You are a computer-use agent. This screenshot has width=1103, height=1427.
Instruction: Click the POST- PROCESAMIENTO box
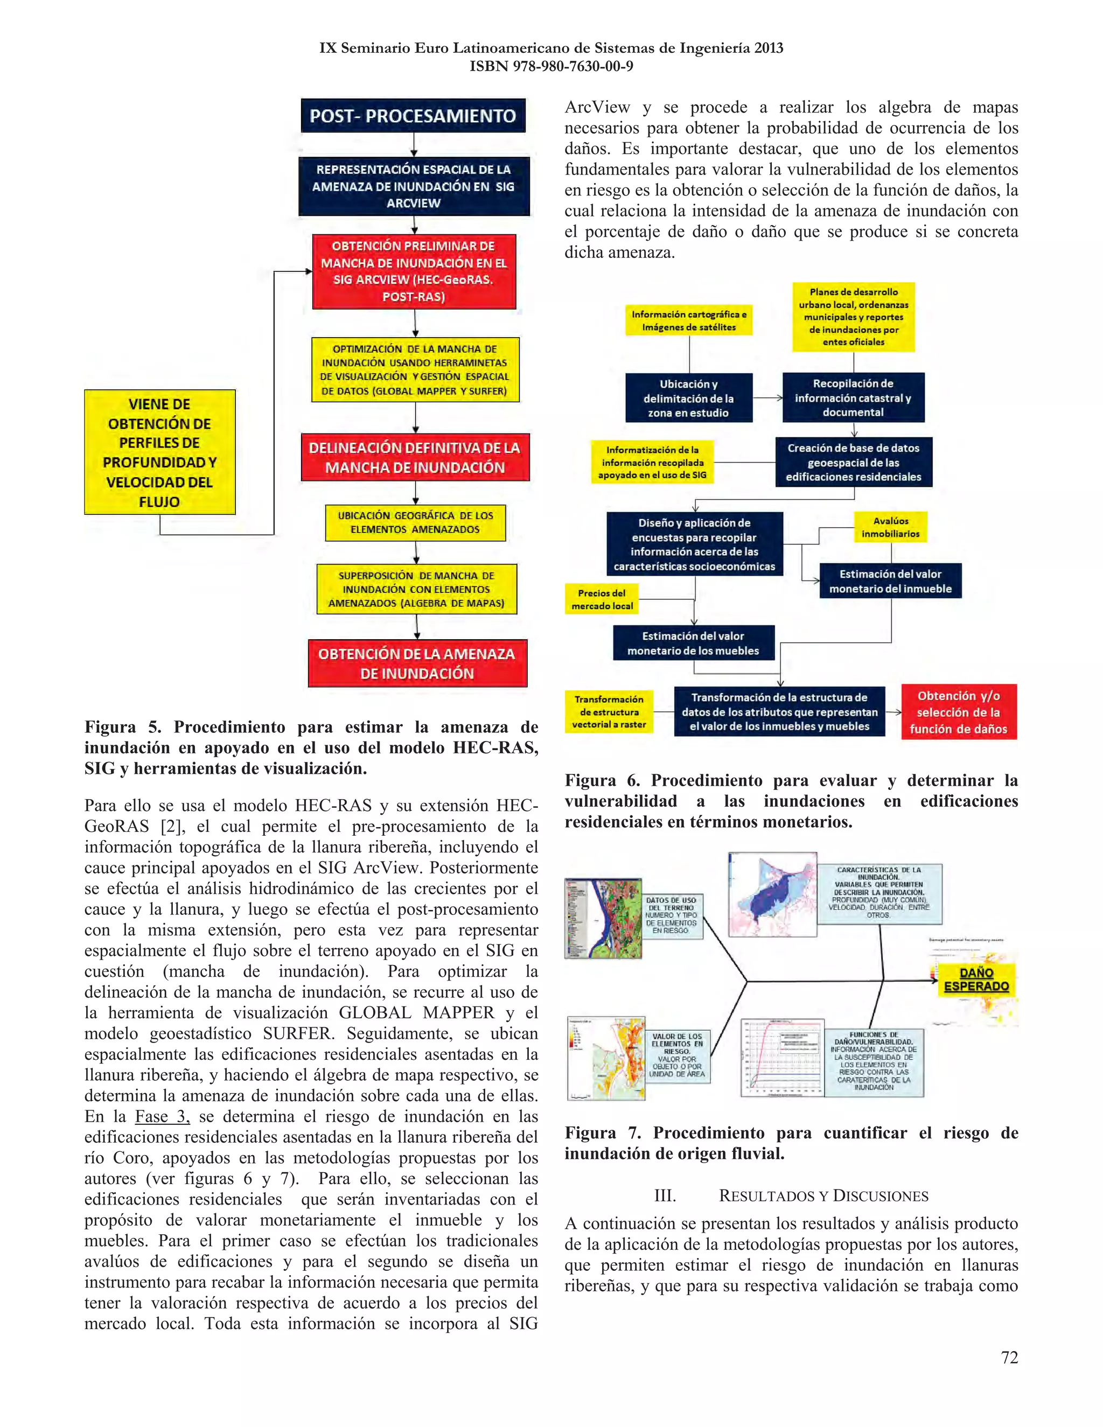(413, 116)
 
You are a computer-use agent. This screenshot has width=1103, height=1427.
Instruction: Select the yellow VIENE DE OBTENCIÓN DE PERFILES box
(159, 452)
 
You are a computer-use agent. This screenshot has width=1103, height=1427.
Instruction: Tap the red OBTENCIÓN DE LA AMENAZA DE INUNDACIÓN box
(417, 663)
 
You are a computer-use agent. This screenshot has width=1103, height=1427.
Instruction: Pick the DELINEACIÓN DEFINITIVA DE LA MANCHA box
(415, 457)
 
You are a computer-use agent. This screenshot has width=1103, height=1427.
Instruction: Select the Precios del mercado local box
(602, 599)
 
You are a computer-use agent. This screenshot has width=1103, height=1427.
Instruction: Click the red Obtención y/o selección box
(958, 712)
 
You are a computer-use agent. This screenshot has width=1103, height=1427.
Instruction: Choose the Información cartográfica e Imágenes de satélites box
(689, 321)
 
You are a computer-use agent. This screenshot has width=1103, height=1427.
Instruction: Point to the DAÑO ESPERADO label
(976, 980)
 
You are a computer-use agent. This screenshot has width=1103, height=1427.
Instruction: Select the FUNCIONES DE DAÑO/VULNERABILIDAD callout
(873, 1060)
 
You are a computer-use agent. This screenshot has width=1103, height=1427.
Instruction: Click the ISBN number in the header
(551, 66)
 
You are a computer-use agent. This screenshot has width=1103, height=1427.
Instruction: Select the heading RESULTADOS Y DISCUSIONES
(823, 1195)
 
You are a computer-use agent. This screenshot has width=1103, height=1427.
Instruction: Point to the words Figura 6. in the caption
(603, 781)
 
